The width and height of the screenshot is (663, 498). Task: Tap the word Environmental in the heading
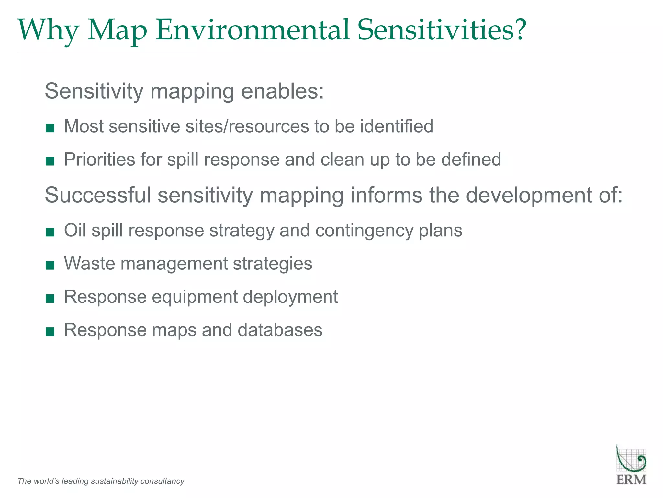click(253, 30)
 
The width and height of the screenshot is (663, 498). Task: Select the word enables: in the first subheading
click(282, 91)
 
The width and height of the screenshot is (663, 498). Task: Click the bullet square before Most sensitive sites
click(50, 128)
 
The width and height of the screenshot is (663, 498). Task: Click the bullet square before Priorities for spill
click(50, 161)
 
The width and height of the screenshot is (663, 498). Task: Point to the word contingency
click(364, 231)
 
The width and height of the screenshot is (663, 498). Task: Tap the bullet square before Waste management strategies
click(50, 266)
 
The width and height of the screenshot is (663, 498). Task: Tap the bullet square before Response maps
click(50, 332)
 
